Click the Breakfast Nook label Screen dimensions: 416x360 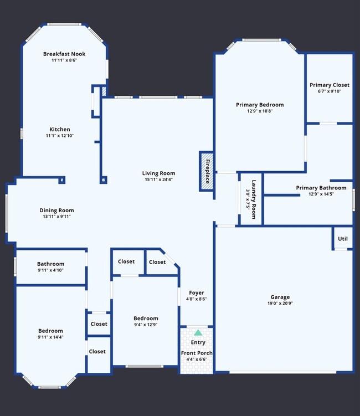[64, 54]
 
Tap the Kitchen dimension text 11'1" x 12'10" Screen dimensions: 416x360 [60, 136]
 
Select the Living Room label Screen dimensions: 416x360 [158, 173]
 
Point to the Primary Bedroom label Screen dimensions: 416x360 [260, 105]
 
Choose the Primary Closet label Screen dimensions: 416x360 [330, 85]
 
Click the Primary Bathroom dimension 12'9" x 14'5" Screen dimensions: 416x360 [321, 194]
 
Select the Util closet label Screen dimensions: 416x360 [343, 239]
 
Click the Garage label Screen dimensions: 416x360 [280, 297]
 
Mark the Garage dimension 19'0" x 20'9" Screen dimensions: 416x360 [280, 304]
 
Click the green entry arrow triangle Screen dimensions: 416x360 [198, 333]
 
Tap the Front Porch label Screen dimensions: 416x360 [197, 353]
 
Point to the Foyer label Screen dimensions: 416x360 [197, 292]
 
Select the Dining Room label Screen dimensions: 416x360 [56, 210]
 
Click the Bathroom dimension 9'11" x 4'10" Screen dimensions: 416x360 [51, 270]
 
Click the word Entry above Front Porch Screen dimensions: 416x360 [198, 342]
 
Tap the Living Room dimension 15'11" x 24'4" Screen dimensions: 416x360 [158, 179]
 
